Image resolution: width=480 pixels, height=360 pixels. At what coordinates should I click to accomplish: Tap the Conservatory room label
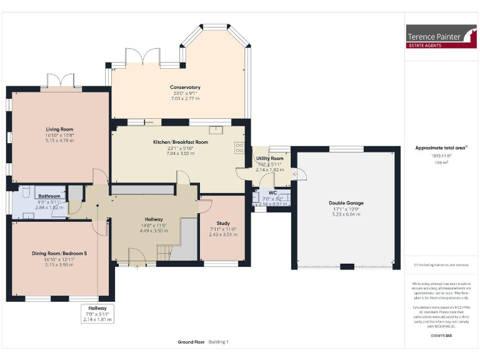coord(185,87)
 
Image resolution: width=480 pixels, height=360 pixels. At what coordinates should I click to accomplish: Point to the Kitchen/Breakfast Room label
coord(181,142)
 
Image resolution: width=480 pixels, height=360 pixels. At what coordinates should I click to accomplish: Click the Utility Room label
coord(270,159)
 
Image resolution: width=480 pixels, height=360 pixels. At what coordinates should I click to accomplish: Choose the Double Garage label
coord(346,203)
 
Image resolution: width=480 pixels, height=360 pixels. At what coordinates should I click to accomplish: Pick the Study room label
coord(223,223)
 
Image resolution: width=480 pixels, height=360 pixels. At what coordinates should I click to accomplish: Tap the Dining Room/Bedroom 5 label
coord(53,254)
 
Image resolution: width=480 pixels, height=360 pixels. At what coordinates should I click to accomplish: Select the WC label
coord(272,192)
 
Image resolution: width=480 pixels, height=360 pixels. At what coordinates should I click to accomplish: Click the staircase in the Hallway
coord(164,252)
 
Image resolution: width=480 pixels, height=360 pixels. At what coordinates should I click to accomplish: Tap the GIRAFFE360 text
coord(440,337)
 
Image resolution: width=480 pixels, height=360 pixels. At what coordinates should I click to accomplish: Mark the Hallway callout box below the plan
coord(97,313)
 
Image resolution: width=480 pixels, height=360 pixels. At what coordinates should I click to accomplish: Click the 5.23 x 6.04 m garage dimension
coord(346,214)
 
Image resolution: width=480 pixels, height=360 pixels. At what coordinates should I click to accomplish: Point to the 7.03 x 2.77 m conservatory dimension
coord(185,99)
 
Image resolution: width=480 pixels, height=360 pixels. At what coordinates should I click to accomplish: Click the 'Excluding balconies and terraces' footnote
coord(440,266)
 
